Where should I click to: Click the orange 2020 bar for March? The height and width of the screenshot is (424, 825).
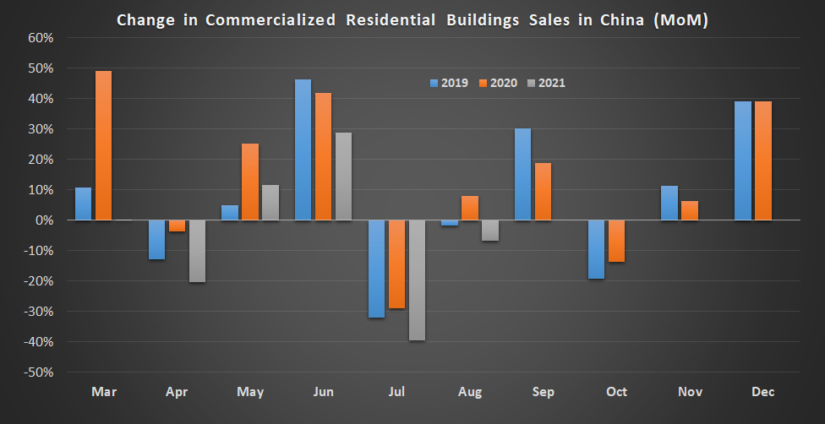pyautogui.click(x=103, y=145)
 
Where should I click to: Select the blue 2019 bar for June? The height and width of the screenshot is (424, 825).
pyautogui.click(x=303, y=149)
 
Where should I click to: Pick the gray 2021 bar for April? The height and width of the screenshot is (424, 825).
pyautogui.click(x=198, y=251)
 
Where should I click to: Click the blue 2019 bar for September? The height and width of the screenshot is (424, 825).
pyautogui.click(x=522, y=174)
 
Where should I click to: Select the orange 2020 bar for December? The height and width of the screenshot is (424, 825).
pyautogui.click(x=762, y=160)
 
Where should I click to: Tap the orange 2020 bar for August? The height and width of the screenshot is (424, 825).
pyautogui.click(x=470, y=208)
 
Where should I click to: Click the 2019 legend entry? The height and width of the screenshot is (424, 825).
pyautogui.click(x=449, y=83)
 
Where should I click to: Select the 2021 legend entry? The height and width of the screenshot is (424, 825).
pyautogui.click(x=546, y=83)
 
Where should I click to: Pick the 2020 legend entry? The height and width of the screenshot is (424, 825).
pyautogui.click(x=497, y=83)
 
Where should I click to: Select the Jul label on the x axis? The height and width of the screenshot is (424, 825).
pyautogui.click(x=396, y=392)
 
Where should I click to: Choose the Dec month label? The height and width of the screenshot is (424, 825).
pyautogui.click(x=762, y=392)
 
